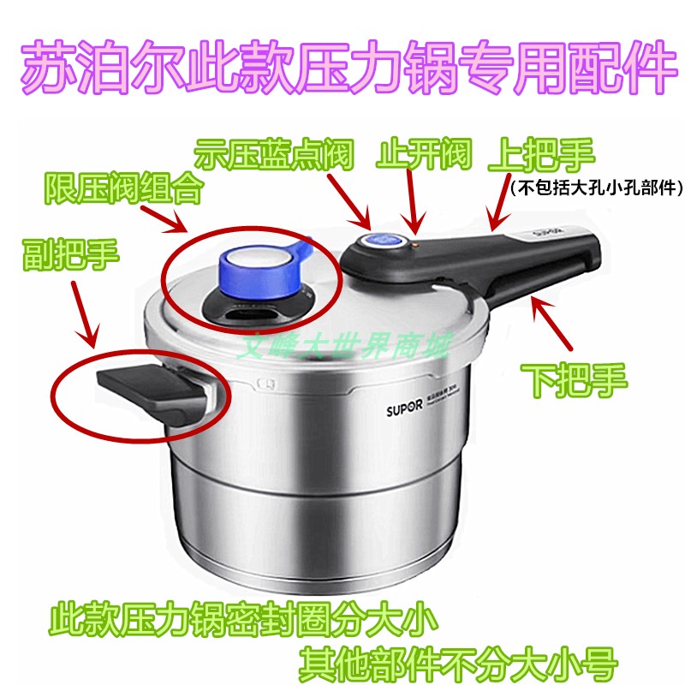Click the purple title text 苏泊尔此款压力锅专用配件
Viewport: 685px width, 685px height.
click(342, 68)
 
